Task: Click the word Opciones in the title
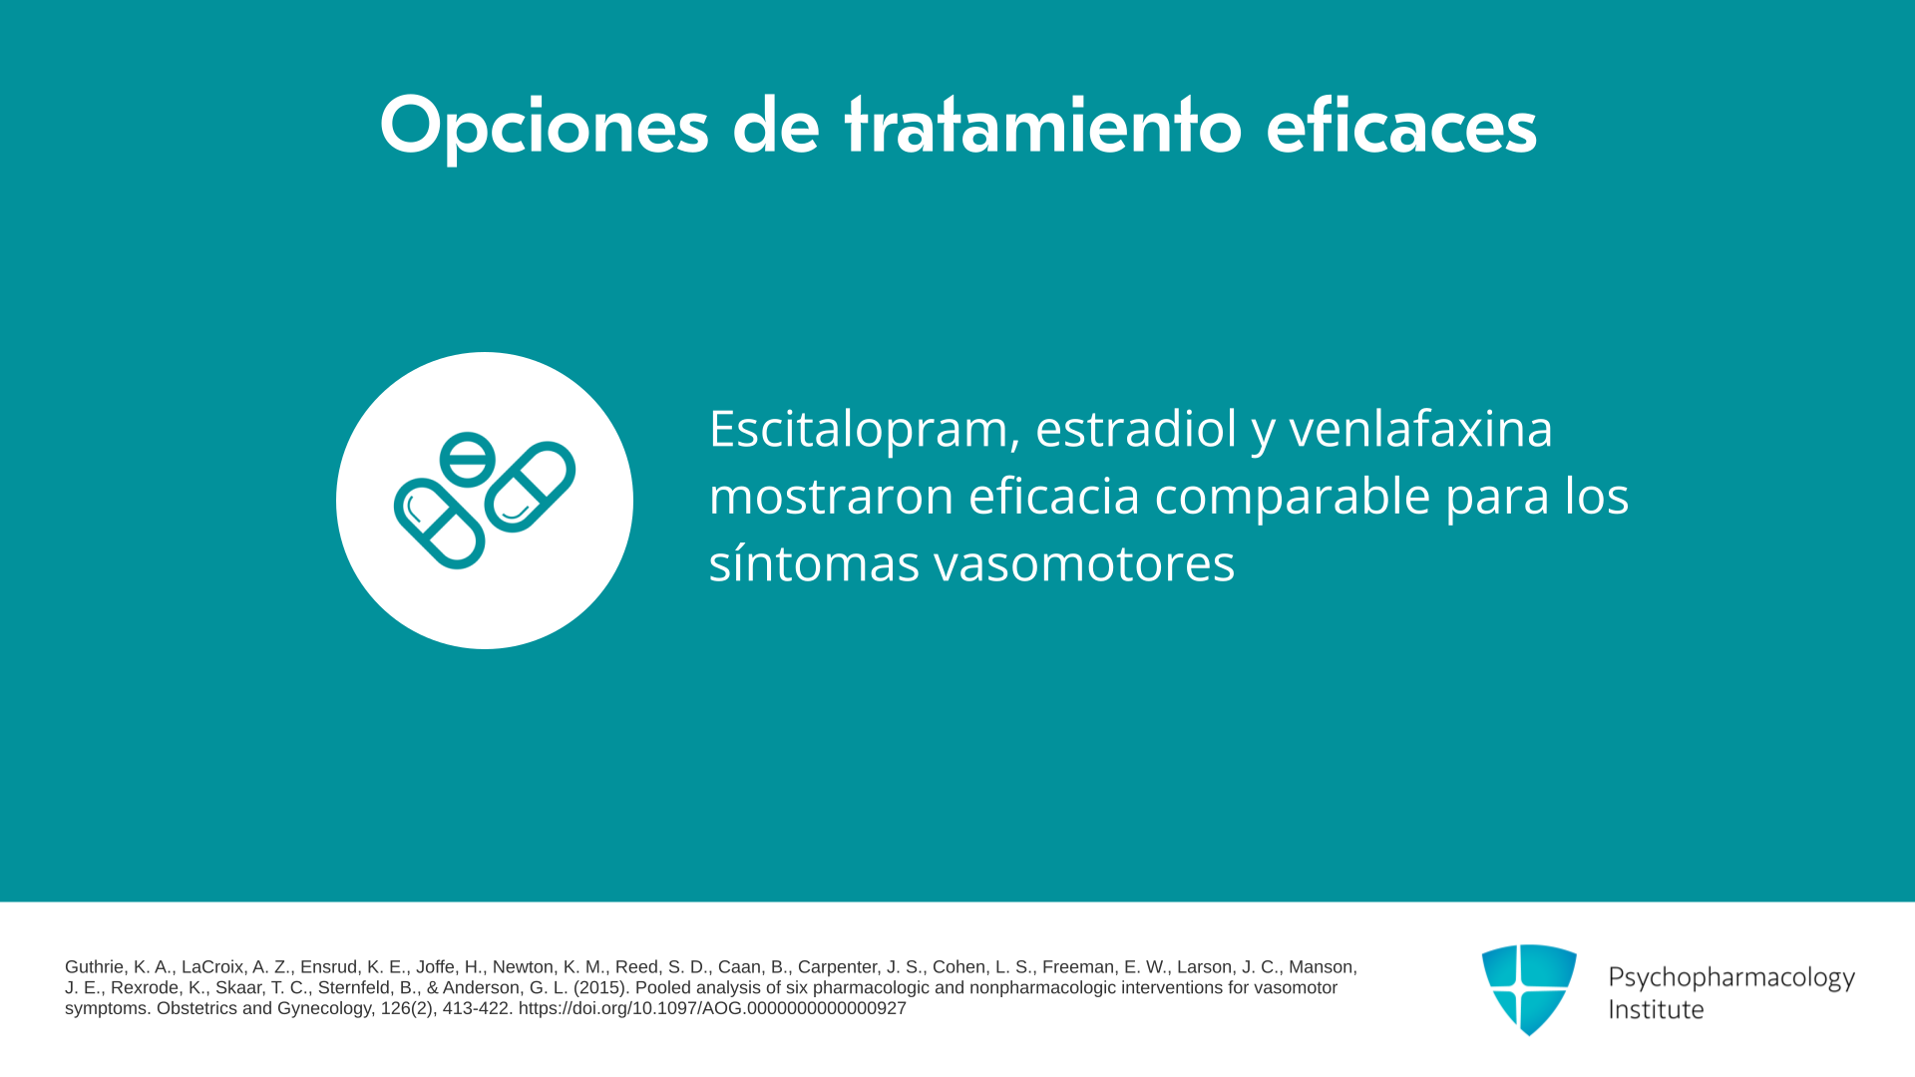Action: [x=544, y=127]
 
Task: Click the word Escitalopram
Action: [x=865, y=430]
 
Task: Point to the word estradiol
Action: [x=1136, y=428]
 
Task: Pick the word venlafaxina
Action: [x=1420, y=428]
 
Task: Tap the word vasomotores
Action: [x=1084, y=563]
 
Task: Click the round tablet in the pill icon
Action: [x=467, y=459]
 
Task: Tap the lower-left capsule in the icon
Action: [x=440, y=524]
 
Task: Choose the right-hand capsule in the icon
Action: [x=530, y=487]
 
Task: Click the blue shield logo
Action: [x=1529, y=989]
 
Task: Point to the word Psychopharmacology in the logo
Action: [x=1731, y=978]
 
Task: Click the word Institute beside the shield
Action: [x=1656, y=1009]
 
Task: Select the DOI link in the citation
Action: [x=712, y=1008]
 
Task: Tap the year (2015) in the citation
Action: [x=601, y=988]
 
